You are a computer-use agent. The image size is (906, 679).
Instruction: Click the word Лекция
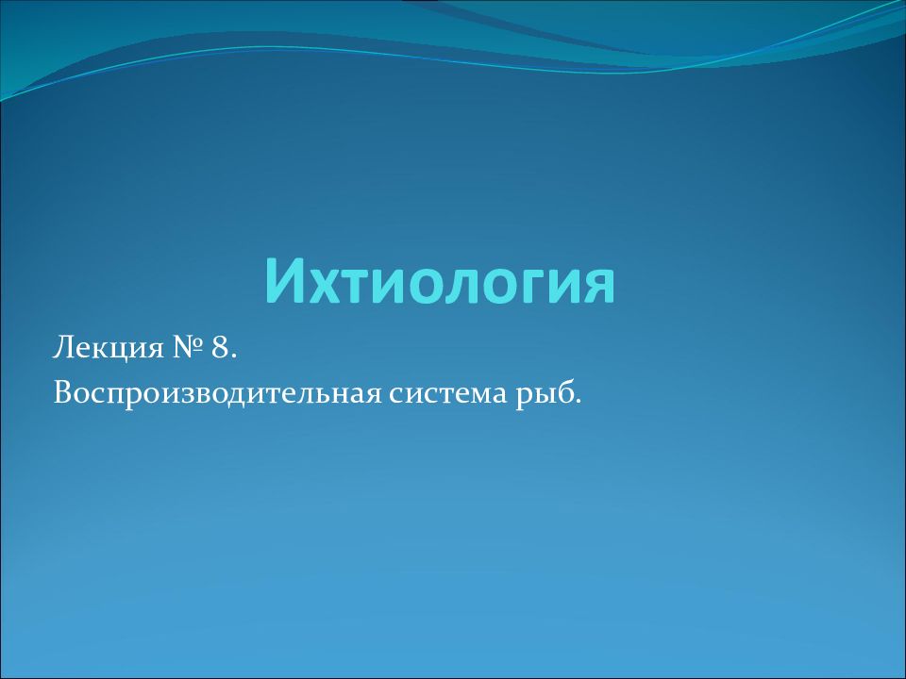(109, 349)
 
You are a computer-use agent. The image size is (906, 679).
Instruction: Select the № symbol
(189, 349)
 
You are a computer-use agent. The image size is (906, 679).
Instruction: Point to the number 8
(220, 348)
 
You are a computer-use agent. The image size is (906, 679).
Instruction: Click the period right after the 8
(233, 356)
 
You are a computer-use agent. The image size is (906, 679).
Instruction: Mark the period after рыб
(576, 403)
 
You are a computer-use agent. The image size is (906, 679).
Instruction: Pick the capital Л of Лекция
(62, 348)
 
